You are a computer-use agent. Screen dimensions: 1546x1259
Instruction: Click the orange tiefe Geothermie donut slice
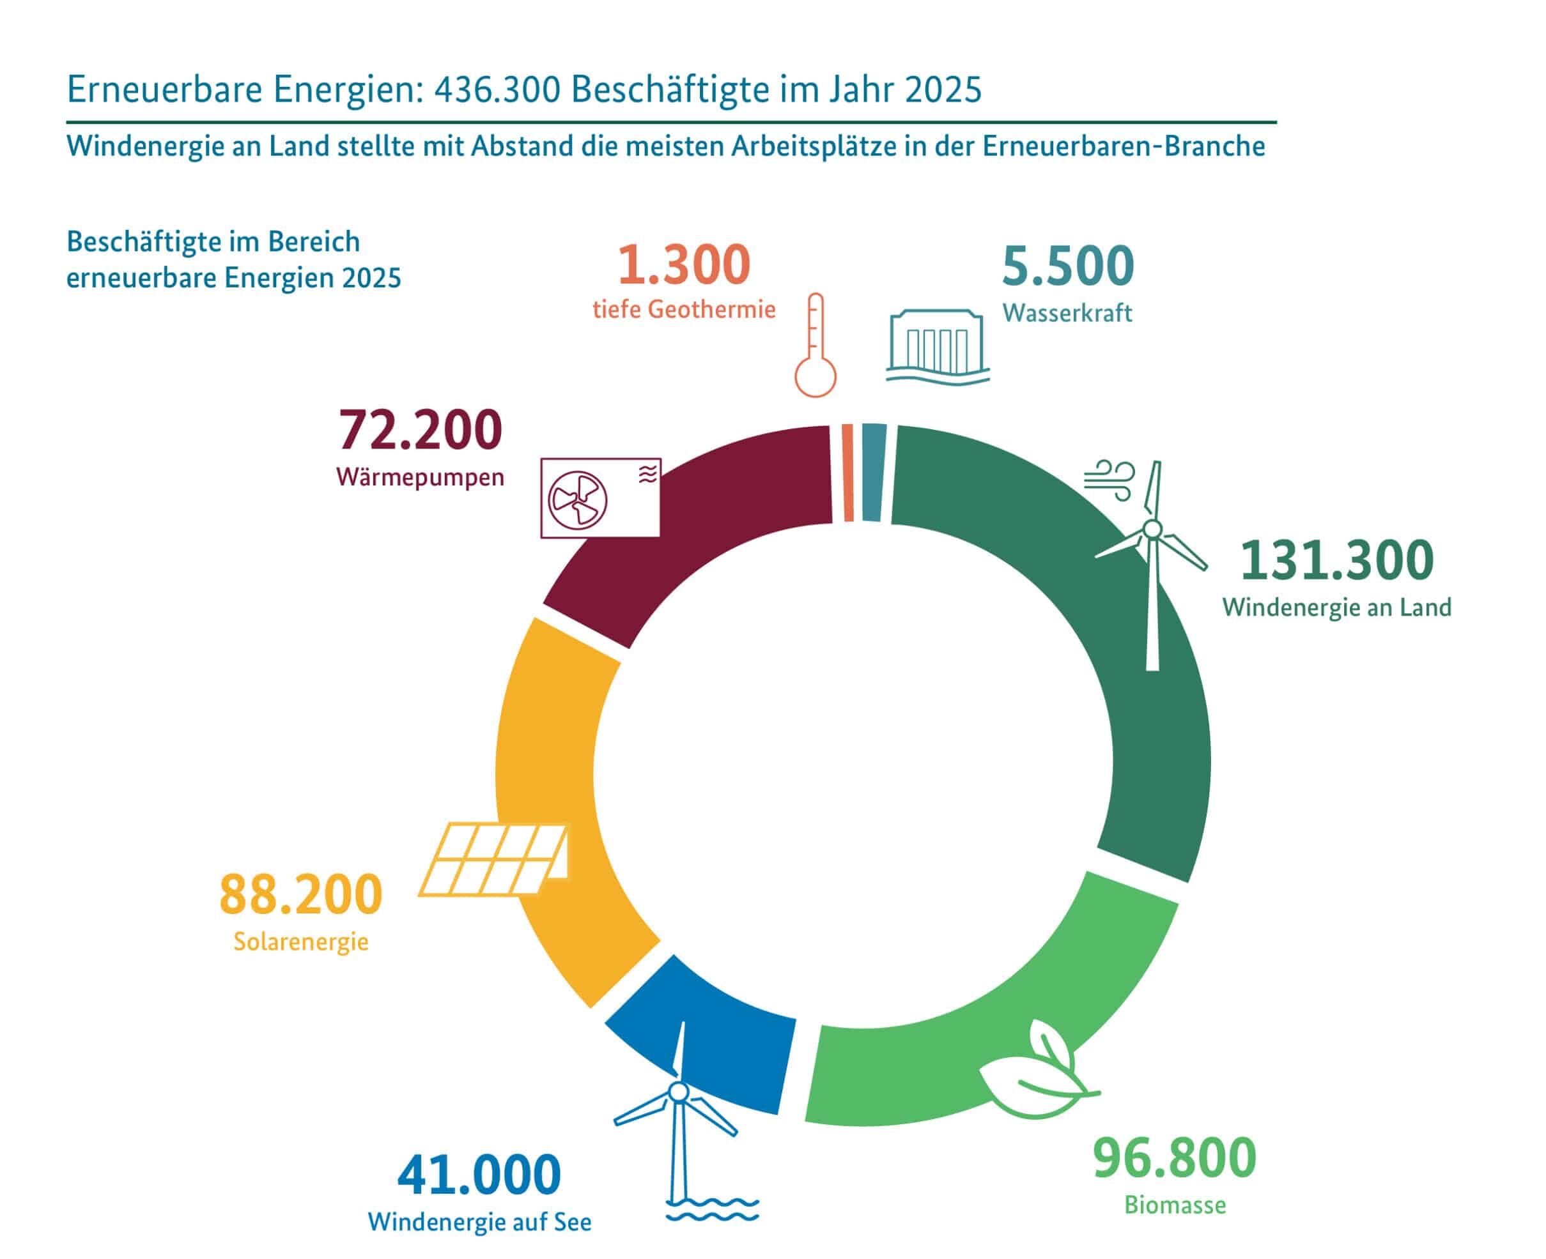coord(847,472)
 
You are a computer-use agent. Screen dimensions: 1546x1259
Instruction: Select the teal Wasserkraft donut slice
coord(873,472)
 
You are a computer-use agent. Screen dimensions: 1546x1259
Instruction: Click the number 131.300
coord(1337,561)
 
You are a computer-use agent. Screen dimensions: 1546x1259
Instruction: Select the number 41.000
coord(479,1175)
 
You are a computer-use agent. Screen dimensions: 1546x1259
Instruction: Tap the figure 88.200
coord(300,895)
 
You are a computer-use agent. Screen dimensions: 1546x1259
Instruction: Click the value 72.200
coord(420,430)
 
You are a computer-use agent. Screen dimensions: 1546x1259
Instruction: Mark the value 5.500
coord(1068,266)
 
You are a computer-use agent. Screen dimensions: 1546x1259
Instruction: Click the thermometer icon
coord(816,345)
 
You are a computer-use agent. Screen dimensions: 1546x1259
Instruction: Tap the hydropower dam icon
coord(938,345)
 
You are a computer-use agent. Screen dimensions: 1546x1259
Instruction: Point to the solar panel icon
coord(494,858)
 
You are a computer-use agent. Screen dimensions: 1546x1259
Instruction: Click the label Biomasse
coord(1175,1205)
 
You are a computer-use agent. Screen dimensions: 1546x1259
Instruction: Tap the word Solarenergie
coord(301,942)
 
